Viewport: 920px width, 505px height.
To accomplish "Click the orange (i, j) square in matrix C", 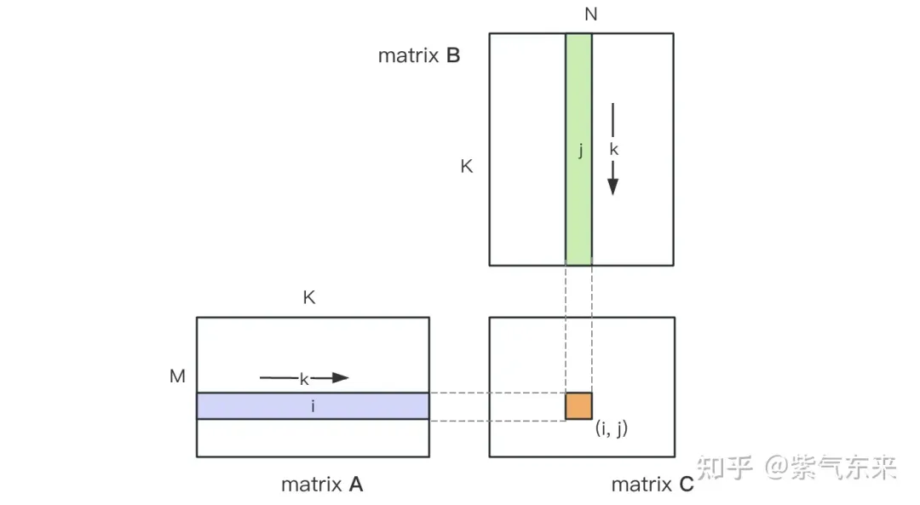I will (x=578, y=406).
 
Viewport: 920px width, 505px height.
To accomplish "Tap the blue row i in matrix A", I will (x=256, y=406).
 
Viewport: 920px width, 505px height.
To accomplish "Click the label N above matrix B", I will (x=590, y=14).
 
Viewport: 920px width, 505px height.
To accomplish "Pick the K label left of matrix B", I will (x=466, y=167).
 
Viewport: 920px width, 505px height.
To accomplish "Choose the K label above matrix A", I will (x=309, y=298).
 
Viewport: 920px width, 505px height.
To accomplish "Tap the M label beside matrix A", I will (x=177, y=376).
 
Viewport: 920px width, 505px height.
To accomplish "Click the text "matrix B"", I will (x=419, y=56).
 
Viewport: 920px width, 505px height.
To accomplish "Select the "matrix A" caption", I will (x=322, y=485).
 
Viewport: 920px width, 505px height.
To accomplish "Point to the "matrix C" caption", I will (x=653, y=485).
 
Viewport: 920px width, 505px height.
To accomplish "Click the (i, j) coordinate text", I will (x=611, y=428).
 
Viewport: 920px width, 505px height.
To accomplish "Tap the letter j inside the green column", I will (x=580, y=151).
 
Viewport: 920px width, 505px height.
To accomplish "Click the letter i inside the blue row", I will (x=313, y=407).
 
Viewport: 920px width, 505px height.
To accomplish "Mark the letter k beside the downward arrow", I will (x=614, y=149).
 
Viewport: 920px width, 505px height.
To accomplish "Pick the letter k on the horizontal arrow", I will (x=303, y=380).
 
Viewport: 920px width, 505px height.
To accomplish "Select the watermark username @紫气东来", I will (x=831, y=467).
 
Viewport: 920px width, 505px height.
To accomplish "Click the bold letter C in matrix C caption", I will (x=686, y=485).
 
